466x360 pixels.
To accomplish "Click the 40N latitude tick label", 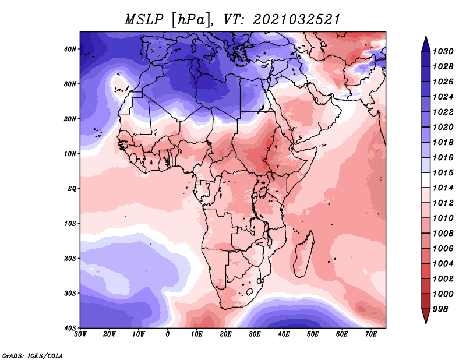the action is pos(70,49).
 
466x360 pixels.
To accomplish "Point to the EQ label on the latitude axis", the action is pos(72,189).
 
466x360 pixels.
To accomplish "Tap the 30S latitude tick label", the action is pos(70,294).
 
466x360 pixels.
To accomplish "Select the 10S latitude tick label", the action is pos(70,224).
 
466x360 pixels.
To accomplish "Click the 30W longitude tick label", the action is pos(80,334).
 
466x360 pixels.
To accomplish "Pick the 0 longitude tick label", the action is pos(168,334).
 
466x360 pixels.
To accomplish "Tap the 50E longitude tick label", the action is pos(313,334).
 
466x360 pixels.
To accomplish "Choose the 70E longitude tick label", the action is pos(371,334).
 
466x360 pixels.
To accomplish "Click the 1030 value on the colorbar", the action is pos(443,51).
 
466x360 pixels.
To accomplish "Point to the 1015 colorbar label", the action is pos(443,172).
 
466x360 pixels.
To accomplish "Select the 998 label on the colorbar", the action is pos(440,309).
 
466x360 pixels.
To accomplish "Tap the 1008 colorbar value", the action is pos(443,234).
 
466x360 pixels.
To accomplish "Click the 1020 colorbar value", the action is pos(443,127).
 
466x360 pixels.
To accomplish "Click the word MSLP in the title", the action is pos(144,20).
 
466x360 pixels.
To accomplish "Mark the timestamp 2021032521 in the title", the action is pos(296,20).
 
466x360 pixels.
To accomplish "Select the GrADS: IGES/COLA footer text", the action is pos(33,355).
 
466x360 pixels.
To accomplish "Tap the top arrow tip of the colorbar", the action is pos(426,37).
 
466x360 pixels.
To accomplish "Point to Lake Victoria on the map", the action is pos(263,192).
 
